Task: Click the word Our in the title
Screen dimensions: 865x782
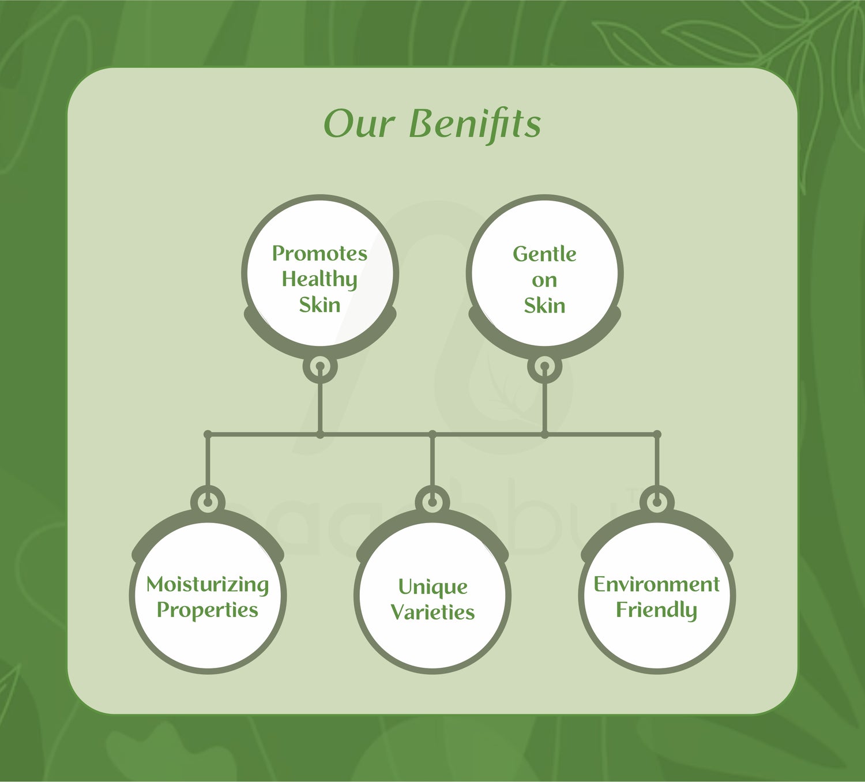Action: tap(359, 124)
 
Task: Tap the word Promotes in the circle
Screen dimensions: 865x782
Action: tap(319, 253)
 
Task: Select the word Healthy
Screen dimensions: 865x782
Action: tap(319, 280)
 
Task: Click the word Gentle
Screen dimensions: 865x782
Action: tap(544, 254)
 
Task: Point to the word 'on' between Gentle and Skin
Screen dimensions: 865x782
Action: tap(544, 281)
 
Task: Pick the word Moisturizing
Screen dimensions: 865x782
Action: tap(208, 585)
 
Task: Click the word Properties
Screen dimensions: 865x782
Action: tap(208, 610)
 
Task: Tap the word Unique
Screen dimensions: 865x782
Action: tap(432, 587)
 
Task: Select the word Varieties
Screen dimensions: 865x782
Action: tap(432, 612)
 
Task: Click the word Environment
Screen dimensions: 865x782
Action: tap(656, 585)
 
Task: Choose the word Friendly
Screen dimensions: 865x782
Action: tap(656, 610)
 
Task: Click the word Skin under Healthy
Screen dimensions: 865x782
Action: tap(319, 305)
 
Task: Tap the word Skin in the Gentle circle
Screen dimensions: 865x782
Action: tap(544, 306)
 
